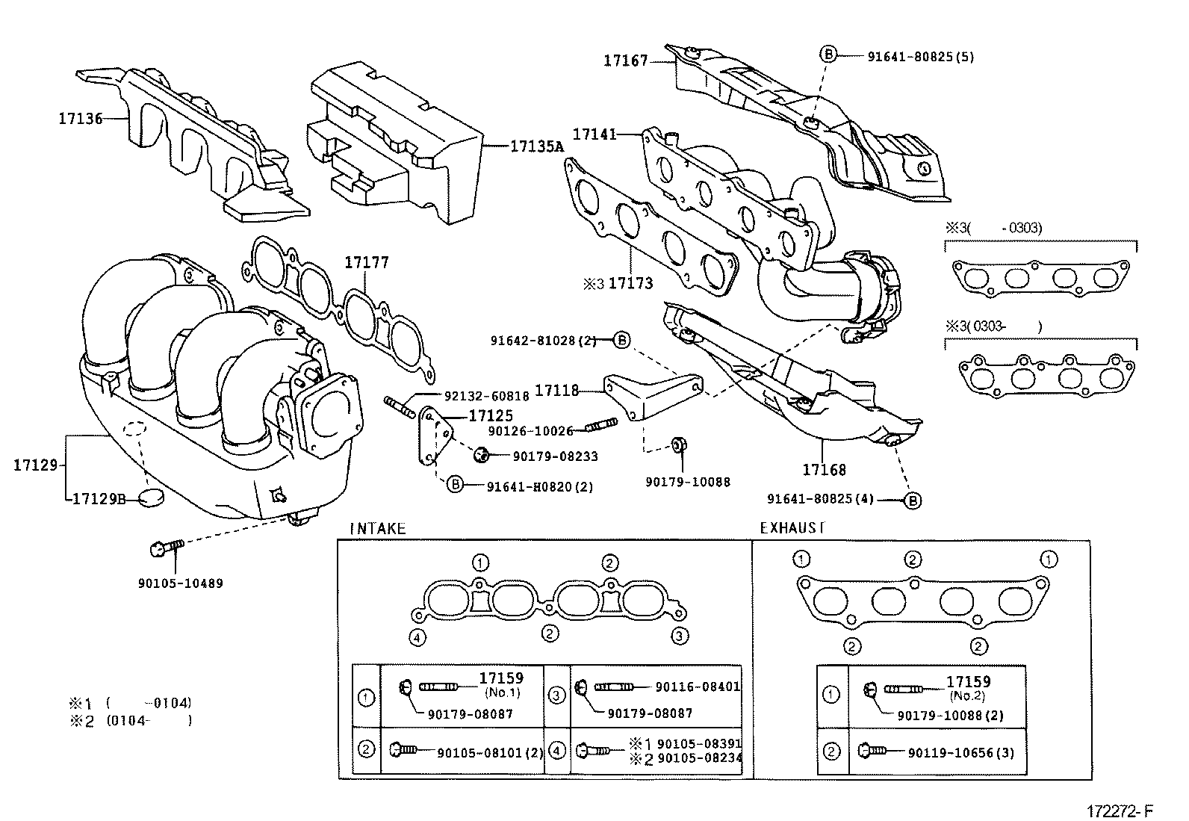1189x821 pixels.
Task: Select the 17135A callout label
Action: pyautogui.click(x=536, y=147)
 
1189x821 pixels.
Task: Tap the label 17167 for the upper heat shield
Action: pyautogui.click(x=626, y=61)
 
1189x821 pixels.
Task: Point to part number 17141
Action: pyautogui.click(x=594, y=134)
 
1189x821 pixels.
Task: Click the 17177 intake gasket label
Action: pyautogui.click(x=366, y=263)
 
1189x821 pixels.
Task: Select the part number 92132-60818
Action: pyautogui.click(x=486, y=397)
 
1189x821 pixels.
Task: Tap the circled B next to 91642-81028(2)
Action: pyautogui.click(x=621, y=341)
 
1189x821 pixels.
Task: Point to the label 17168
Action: pyautogui.click(x=825, y=470)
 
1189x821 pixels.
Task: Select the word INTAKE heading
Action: pyautogui.click(x=378, y=529)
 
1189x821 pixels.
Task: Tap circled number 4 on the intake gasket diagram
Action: pyautogui.click(x=417, y=636)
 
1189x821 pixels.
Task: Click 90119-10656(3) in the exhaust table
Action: pyautogui.click(x=961, y=753)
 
